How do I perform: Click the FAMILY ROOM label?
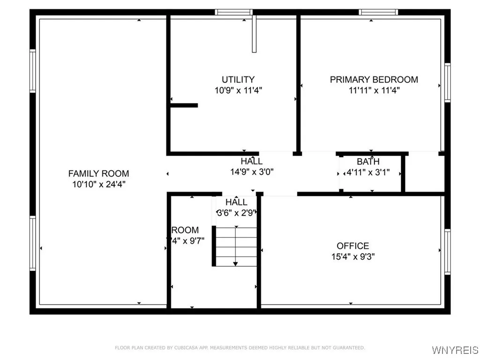pos(98,173)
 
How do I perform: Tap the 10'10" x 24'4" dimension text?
pos(98,184)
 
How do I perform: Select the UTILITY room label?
pos(238,80)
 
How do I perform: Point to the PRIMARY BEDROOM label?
pos(374,80)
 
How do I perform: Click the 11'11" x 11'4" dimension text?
pos(374,90)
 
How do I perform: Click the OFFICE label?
pos(352,246)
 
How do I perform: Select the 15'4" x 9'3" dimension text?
pos(352,256)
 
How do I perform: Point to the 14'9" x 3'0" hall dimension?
pos(252,172)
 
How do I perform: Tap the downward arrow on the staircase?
pos(235,263)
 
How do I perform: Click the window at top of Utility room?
pos(234,12)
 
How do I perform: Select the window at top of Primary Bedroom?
pos(378,12)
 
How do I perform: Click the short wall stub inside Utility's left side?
pos(184,105)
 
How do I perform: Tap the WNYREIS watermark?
pos(455,350)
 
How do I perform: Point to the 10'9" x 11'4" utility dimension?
pos(238,90)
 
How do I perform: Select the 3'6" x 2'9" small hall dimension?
pos(236,213)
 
